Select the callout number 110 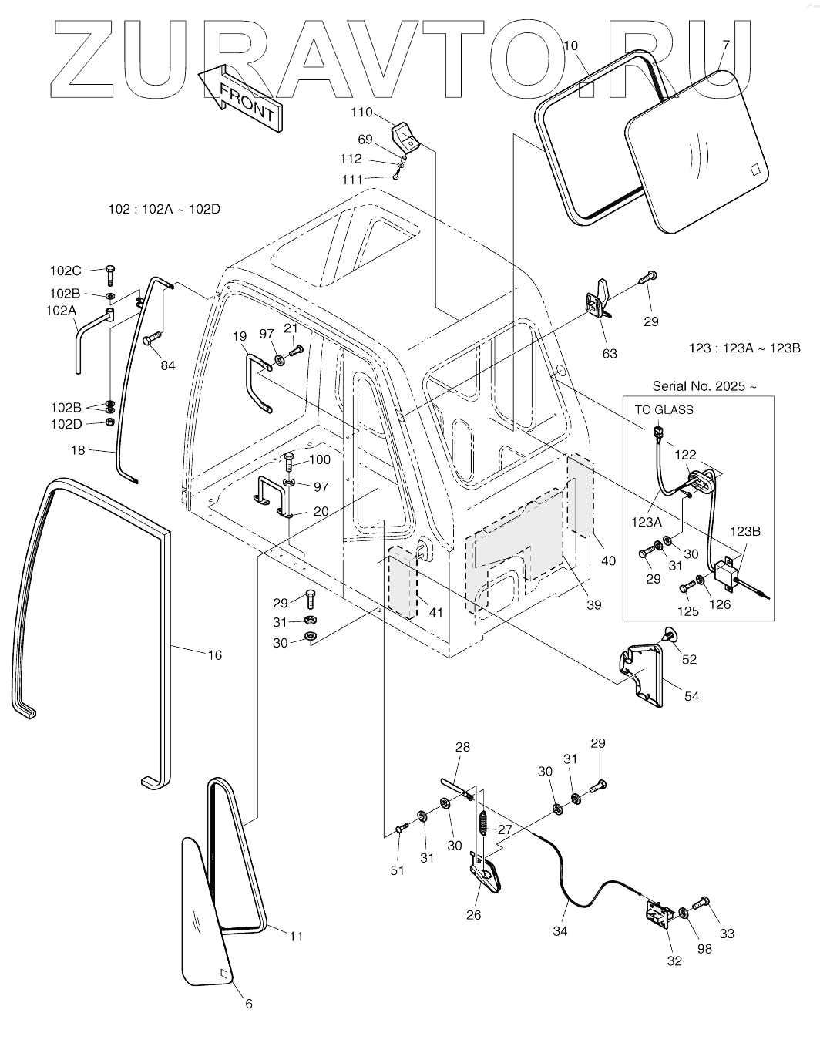click(361, 113)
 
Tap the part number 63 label click(610, 354)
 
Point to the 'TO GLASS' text click(664, 409)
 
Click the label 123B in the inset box click(745, 531)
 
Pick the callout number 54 click(691, 696)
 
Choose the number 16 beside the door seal click(214, 655)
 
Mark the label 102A click(62, 311)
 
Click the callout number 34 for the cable click(560, 931)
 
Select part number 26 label click(473, 915)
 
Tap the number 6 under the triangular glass click(248, 1004)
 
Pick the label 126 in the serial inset click(720, 604)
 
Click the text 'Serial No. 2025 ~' click(699, 386)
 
